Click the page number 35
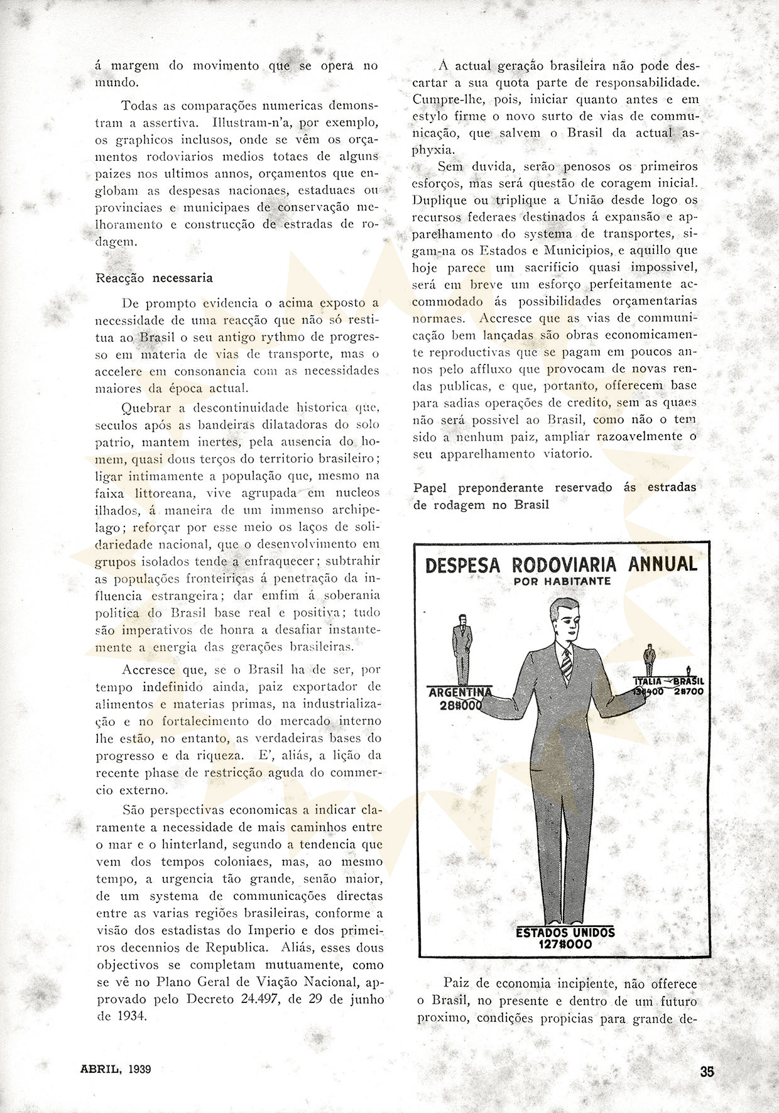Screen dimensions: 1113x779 coord(707,1073)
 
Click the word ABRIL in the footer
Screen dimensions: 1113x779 coord(101,1068)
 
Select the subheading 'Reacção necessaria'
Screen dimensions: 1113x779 coord(154,278)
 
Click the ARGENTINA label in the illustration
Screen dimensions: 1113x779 coord(459,693)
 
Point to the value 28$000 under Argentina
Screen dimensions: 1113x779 coord(460,705)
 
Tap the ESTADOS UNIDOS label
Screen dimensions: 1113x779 coord(565,932)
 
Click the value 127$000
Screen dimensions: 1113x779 coord(565,944)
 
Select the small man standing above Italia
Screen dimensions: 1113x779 coord(648,661)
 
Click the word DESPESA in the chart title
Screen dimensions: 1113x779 coord(463,565)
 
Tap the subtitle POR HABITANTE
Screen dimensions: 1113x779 coord(562,581)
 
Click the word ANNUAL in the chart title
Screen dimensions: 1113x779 coord(665,564)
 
